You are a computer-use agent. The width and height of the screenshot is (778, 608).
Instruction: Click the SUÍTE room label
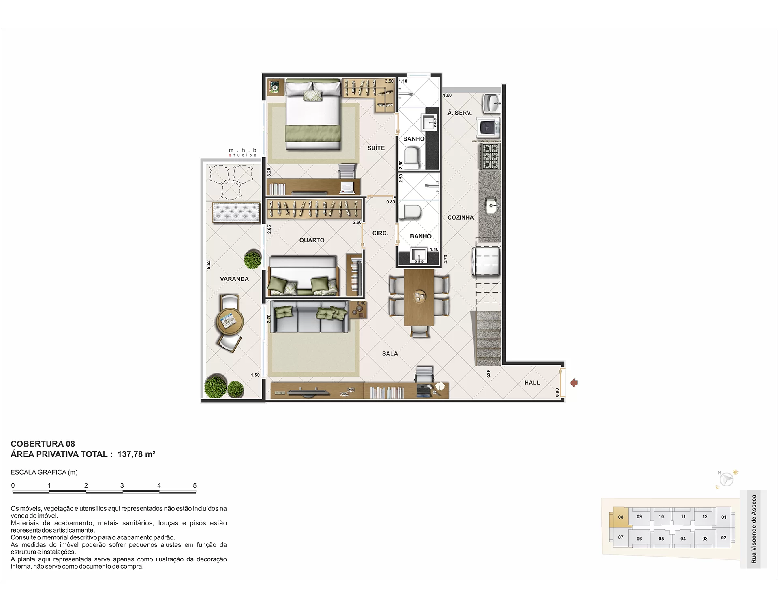coord(376,148)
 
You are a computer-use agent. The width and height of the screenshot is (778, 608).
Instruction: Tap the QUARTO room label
coord(312,240)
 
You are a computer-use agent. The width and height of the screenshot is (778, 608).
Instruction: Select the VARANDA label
coord(234,279)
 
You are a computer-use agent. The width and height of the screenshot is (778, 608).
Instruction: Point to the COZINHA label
coord(460,217)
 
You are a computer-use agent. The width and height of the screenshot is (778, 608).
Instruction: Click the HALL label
coord(532,382)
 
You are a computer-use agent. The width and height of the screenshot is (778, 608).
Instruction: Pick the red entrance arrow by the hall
coord(574,383)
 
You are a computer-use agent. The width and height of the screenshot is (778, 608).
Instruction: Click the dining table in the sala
coord(419,297)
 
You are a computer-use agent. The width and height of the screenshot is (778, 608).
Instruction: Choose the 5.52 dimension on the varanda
coord(209,265)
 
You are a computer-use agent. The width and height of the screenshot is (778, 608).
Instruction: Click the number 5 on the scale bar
coord(195,485)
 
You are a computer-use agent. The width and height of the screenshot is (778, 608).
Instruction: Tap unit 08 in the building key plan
coord(621,517)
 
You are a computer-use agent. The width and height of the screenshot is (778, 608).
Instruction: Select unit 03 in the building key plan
coord(705,539)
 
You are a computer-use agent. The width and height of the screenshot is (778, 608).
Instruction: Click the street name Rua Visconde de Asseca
coord(754,529)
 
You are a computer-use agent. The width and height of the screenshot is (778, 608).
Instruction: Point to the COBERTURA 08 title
coord(43,444)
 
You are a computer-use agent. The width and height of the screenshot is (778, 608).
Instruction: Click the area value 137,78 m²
coord(137,454)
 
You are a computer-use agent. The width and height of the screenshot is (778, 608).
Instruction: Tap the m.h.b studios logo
coord(243,152)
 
